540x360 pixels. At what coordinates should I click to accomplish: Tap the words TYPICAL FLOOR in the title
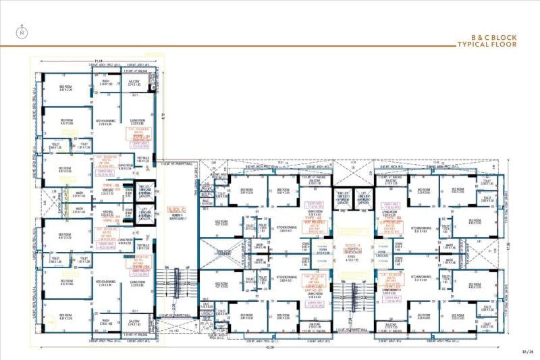click(487, 45)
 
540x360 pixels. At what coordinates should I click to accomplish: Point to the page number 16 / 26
click(527, 351)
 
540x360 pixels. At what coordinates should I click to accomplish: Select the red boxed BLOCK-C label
click(178, 210)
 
